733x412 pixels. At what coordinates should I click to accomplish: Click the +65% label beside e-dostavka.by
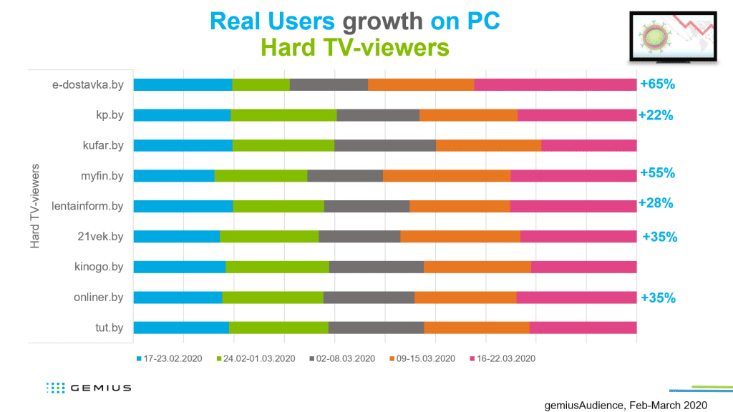click(658, 84)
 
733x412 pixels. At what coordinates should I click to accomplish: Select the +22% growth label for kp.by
click(656, 115)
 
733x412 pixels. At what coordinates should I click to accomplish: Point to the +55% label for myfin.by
click(658, 173)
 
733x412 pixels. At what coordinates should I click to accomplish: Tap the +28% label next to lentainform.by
click(656, 204)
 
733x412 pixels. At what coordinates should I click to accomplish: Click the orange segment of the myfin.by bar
click(447, 176)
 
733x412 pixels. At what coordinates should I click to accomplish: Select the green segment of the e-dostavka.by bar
click(261, 84)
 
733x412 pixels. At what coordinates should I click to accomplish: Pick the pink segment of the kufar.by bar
click(588, 145)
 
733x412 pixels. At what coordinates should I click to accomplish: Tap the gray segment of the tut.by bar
click(376, 328)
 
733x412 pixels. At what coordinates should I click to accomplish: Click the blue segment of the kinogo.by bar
click(180, 267)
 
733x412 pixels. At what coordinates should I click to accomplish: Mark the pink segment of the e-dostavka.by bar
click(555, 84)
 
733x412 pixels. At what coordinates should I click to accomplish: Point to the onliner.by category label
click(99, 298)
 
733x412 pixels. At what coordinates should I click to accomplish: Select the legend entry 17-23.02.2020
click(169, 358)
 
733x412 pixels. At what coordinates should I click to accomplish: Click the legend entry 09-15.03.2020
click(422, 358)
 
